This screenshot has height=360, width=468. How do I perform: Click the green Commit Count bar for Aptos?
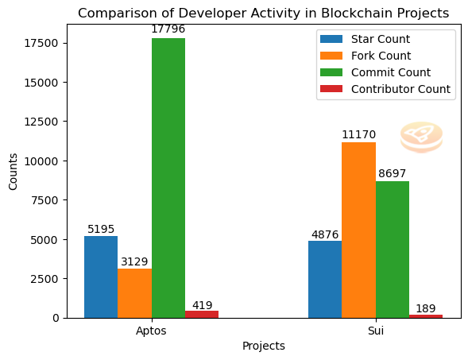168,178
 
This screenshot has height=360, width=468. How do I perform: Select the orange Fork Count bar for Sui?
358,230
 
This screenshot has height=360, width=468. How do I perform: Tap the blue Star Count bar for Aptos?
101,277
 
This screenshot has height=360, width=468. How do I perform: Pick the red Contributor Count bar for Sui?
426,316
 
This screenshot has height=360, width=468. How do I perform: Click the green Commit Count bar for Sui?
393,250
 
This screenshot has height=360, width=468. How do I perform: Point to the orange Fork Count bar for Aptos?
134,293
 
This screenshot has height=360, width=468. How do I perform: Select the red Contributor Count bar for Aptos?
202,315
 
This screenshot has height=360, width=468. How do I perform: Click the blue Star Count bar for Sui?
325,280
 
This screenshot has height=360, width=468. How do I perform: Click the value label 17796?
168,29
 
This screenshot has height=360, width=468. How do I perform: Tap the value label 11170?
358,134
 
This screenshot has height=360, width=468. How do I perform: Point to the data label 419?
202,305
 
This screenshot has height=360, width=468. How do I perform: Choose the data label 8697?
393,173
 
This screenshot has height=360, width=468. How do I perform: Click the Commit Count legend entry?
375,72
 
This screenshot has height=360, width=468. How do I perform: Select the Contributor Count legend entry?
385,89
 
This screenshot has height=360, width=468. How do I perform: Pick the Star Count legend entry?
365,39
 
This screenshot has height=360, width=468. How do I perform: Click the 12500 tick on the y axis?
41,122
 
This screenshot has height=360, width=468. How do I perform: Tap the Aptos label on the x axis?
151,331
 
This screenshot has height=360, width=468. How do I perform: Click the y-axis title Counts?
13,172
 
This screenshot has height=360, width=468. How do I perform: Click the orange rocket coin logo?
421,137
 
